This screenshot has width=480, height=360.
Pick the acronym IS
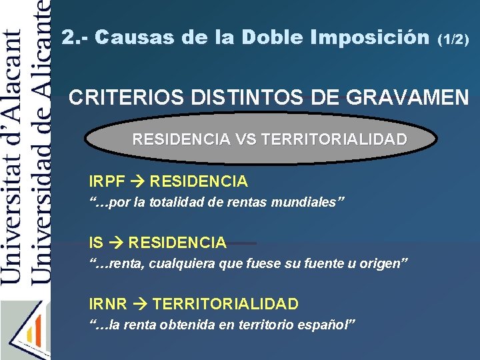coord(96,243)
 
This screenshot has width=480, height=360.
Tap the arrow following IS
coord(116,243)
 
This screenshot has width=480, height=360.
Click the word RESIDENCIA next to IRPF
coord(199,181)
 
